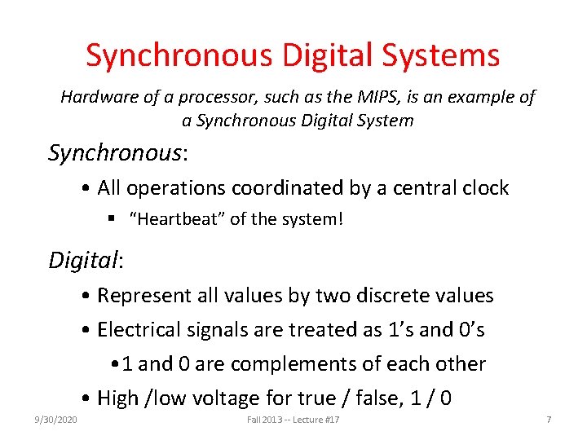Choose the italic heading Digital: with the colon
click(x=86, y=261)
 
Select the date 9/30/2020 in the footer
click(x=56, y=419)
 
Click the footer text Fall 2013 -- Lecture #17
click(x=293, y=419)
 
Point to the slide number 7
click(x=549, y=419)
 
